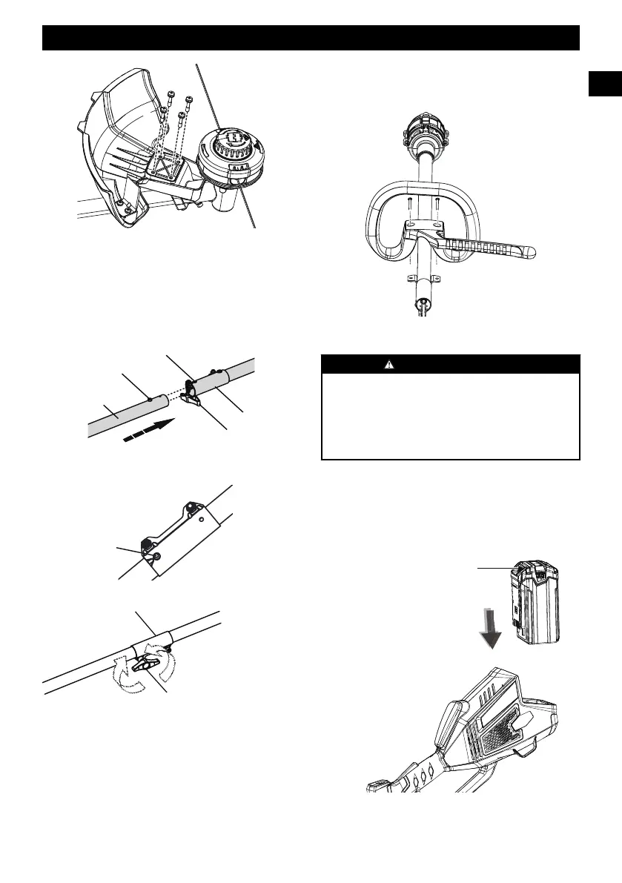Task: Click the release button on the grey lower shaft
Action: click(150, 399)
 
